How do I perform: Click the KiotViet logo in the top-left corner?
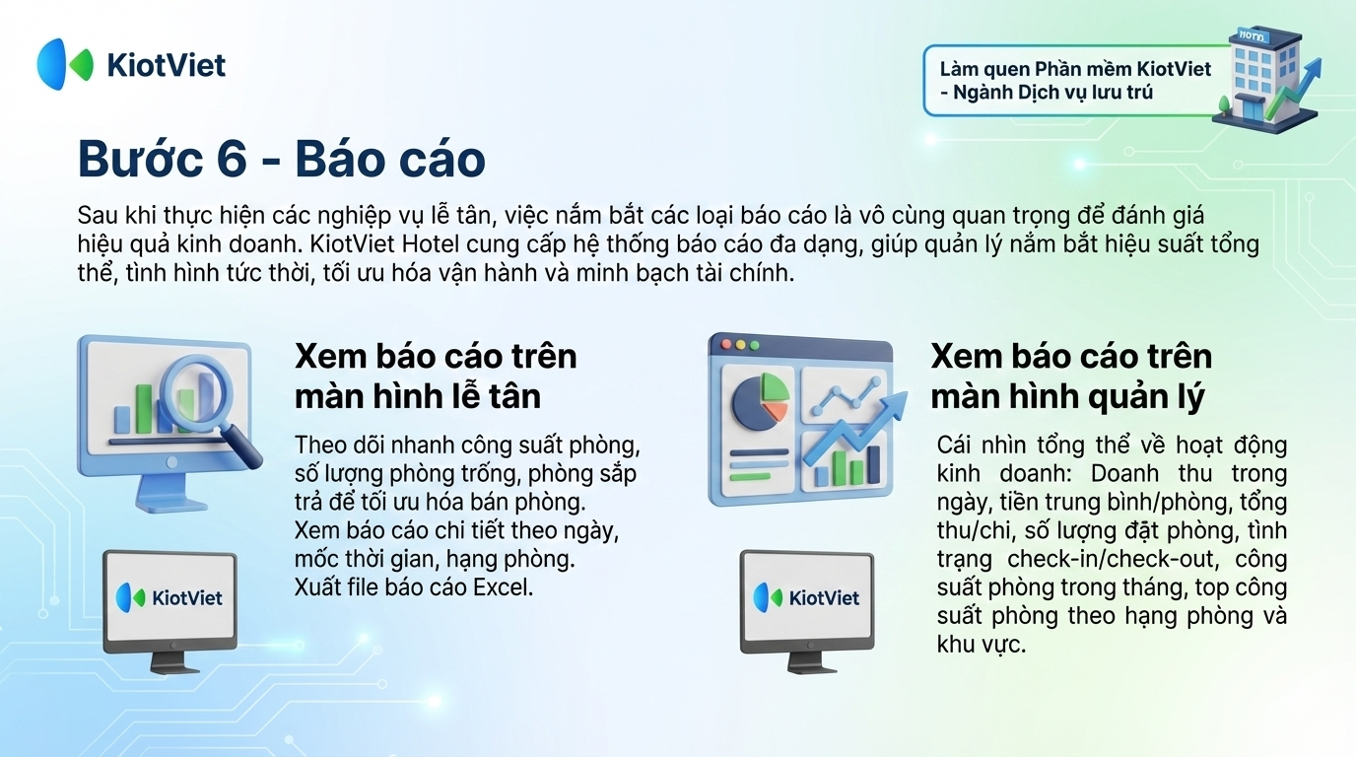[x=131, y=64]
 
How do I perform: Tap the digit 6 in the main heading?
[x=232, y=159]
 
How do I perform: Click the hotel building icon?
[x=1265, y=79]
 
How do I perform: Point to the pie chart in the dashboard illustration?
[x=761, y=401]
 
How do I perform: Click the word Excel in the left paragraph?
[x=503, y=586]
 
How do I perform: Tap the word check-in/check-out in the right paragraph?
[x=1113, y=559]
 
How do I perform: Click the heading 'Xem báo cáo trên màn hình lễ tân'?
[x=436, y=377]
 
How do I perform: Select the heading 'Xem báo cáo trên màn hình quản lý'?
[x=1071, y=377]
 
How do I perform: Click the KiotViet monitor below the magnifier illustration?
[x=170, y=612]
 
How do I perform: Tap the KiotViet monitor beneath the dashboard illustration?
[x=807, y=612]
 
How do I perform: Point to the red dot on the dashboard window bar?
[x=726, y=344]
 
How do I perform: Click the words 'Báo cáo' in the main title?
[x=390, y=159]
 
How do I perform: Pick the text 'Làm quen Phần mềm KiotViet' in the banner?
[x=1076, y=68]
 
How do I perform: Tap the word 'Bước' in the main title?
[x=141, y=159]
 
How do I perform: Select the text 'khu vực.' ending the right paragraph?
[x=982, y=645]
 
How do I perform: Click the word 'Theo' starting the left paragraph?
[x=319, y=446]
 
